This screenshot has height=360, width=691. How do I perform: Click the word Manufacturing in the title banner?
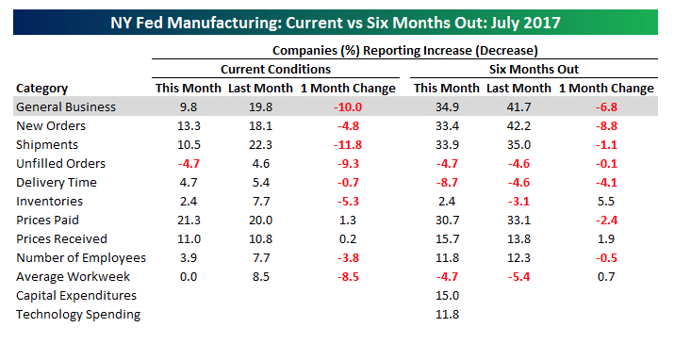[x=223, y=23]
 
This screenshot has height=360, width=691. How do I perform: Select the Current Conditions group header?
[x=275, y=69]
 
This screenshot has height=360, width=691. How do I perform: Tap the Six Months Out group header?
[x=534, y=69]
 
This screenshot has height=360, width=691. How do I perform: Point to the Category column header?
[x=41, y=89]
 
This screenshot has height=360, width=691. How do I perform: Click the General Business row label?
[x=66, y=107]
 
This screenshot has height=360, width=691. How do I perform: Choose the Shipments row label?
[x=47, y=145]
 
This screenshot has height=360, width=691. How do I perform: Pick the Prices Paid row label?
[x=47, y=221]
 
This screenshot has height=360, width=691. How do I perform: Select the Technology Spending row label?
[x=78, y=315]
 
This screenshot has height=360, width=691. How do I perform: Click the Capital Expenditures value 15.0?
[x=447, y=296]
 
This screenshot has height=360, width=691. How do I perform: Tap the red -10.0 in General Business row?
[x=348, y=107]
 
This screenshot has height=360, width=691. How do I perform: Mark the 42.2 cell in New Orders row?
[x=518, y=126]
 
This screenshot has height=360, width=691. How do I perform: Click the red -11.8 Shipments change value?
[x=348, y=145]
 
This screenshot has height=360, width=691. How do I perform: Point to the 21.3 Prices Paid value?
[x=189, y=221]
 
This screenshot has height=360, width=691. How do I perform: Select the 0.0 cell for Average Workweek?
[x=189, y=277]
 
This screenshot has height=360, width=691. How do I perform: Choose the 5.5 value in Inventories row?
[x=606, y=202]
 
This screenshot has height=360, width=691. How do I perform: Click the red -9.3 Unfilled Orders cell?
[x=348, y=164]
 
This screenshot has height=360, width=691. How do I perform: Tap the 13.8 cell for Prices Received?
[x=518, y=239]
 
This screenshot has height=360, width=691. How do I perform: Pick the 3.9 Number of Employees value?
[x=189, y=258]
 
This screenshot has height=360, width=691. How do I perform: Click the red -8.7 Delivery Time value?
[x=447, y=183]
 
